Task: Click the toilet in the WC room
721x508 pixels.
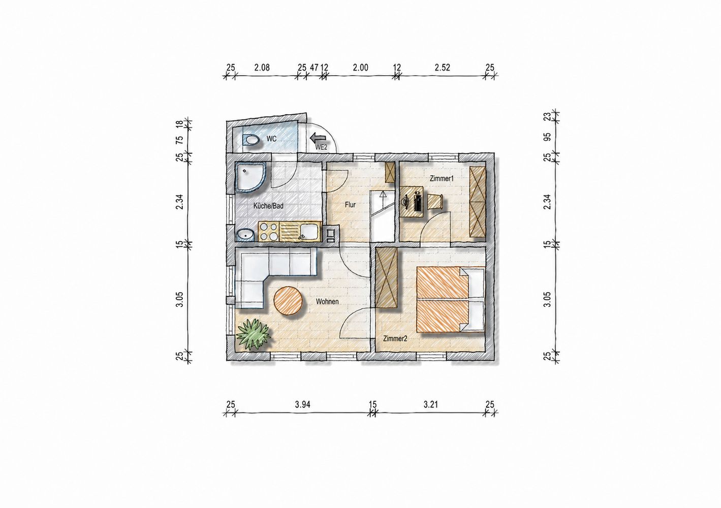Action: pyautogui.click(x=251, y=140)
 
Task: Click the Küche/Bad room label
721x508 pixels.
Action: pyautogui.click(x=268, y=206)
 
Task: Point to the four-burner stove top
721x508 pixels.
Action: pyautogui.click(x=268, y=231)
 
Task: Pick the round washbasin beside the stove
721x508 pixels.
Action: pyautogui.click(x=245, y=236)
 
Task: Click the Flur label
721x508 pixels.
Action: pyautogui.click(x=350, y=204)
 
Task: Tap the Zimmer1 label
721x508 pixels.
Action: pyautogui.click(x=442, y=178)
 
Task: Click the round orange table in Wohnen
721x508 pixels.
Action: pyautogui.click(x=288, y=301)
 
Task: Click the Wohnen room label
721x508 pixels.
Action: pyautogui.click(x=327, y=301)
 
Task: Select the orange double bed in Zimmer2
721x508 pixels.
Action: pyautogui.click(x=451, y=300)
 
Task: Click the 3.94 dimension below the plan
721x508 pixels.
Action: pyautogui.click(x=302, y=404)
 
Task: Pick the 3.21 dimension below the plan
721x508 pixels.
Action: pyautogui.click(x=430, y=404)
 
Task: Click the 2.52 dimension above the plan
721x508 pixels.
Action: pyautogui.click(x=442, y=68)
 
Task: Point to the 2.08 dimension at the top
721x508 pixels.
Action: pyautogui.click(x=262, y=68)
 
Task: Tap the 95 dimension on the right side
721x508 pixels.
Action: pyautogui.click(x=547, y=137)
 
